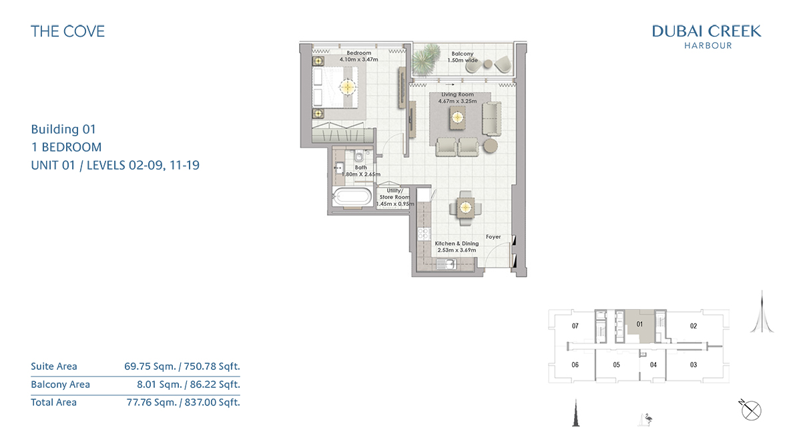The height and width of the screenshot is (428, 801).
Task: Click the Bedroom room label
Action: click(x=358, y=53)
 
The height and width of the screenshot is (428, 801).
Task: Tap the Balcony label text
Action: click(x=463, y=53)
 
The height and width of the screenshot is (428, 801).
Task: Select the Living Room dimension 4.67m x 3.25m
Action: click(x=457, y=101)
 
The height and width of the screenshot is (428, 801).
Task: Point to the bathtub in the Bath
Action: click(x=352, y=197)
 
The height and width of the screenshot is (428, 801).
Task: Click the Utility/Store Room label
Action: click(x=394, y=194)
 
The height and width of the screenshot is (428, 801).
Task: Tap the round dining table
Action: click(x=465, y=208)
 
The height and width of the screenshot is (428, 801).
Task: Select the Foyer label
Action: click(x=493, y=237)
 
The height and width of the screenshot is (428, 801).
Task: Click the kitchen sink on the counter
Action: click(x=446, y=264)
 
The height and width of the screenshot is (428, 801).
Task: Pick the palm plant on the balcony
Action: click(x=426, y=59)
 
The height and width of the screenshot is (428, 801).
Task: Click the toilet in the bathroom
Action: click(x=358, y=157)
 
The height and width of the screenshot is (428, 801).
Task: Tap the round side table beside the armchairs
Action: click(x=490, y=146)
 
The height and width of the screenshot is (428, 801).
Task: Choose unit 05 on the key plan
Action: click(x=617, y=365)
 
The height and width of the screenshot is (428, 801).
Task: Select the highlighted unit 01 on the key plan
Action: click(x=639, y=325)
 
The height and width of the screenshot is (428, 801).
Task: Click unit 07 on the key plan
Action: click(x=575, y=326)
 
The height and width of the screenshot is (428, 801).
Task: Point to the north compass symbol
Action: click(x=750, y=410)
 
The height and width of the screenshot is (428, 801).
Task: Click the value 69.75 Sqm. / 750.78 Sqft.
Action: click(x=182, y=367)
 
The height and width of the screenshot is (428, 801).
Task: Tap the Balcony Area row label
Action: click(x=61, y=385)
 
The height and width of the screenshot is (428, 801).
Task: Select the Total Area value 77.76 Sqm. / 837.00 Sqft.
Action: click(x=184, y=403)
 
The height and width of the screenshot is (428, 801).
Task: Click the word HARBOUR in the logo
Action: click(x=708, y=46)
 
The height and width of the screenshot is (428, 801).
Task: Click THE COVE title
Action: click(x=67, y=31)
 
